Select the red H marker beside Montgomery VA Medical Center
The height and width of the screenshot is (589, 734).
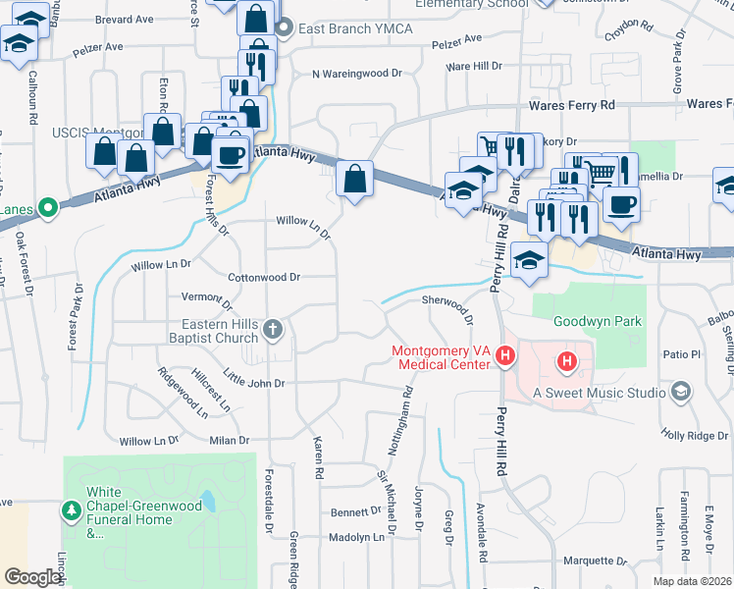tap(505, 356)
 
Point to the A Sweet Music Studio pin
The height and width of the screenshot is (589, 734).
tap(680, 393)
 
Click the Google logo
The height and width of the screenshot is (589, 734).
tap(33, 578)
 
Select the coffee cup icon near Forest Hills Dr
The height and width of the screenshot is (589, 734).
tap(231, 155)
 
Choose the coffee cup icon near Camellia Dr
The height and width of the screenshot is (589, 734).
tap(621, 205)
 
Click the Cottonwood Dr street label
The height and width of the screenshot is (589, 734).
tap(263, 278)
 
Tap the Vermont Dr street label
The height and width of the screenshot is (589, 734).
tap(206, 296)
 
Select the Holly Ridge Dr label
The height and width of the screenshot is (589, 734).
tap(693, 435)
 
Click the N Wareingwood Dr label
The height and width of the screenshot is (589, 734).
tap(357, 74)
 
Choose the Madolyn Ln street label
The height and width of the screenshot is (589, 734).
tap(356, 537)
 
